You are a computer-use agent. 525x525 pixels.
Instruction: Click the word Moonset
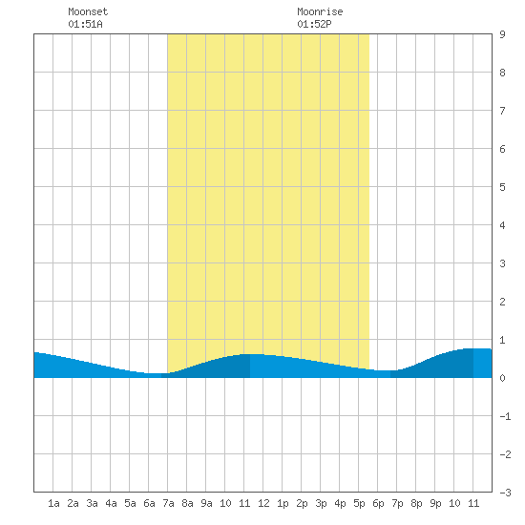[x=88, y=11]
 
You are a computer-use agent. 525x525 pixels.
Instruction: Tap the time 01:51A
[x=85, y=24]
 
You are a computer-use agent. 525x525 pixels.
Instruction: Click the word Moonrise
[x=320, y=11]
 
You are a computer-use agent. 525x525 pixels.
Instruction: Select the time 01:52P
[x=314, y=24]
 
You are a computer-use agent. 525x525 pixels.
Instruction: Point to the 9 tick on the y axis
[x=502, y=34]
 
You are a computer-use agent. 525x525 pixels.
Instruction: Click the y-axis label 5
[x=502, y=187]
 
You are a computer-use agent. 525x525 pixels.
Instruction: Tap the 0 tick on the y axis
[x=502, y=378]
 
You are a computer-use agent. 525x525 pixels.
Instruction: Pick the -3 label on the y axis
[x=505, y=493]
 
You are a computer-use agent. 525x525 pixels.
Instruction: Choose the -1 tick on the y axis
[x=505, y=416]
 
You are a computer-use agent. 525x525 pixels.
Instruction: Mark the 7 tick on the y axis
[x=502, y=111]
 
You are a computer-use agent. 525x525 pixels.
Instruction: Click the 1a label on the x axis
[x=53, y=503]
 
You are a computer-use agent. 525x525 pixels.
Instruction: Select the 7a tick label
[x=168, y=503]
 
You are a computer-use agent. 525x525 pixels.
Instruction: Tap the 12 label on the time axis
[x=263, y=503]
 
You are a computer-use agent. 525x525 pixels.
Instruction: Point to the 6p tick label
[x=378, y=503]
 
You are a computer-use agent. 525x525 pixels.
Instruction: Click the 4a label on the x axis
[x=111, y=503]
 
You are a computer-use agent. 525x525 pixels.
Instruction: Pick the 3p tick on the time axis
[x=321, y=503]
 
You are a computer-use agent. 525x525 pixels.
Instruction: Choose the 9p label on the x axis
[x=435, y=503]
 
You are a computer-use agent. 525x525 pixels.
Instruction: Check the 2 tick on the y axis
[x=502, y=302]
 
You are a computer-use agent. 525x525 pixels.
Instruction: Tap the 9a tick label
[x=206, y=503]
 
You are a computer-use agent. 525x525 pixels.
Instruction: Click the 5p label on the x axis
[x=359, y=503]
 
